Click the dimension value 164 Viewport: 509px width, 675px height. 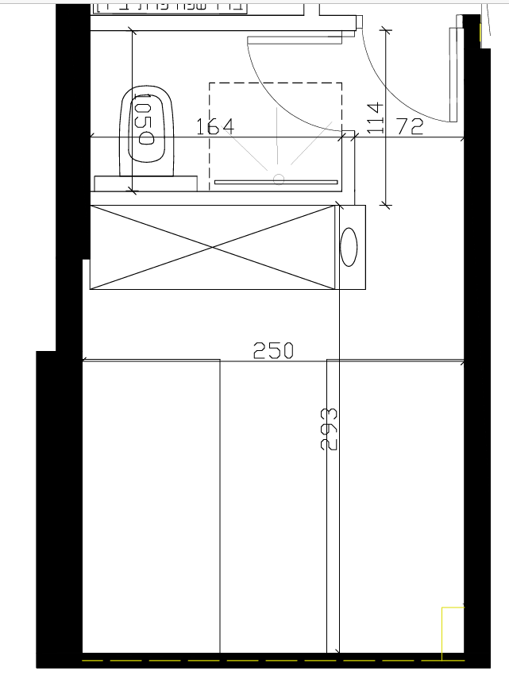214,126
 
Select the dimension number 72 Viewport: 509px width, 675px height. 409,126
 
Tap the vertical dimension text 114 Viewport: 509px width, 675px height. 375,118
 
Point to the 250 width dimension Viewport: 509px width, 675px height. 273,350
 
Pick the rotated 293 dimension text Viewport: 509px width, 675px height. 329,429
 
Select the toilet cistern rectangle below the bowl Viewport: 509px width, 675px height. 145,183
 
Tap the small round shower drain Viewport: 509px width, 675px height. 278,179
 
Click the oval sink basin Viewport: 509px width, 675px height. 349,247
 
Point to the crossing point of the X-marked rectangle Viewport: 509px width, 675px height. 213,247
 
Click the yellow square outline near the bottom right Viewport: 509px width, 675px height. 453,633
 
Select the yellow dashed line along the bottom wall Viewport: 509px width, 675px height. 262,660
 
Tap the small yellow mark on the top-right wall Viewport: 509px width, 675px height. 481,32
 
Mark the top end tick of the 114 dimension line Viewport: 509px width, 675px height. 386,32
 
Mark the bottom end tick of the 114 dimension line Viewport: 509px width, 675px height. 386,205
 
